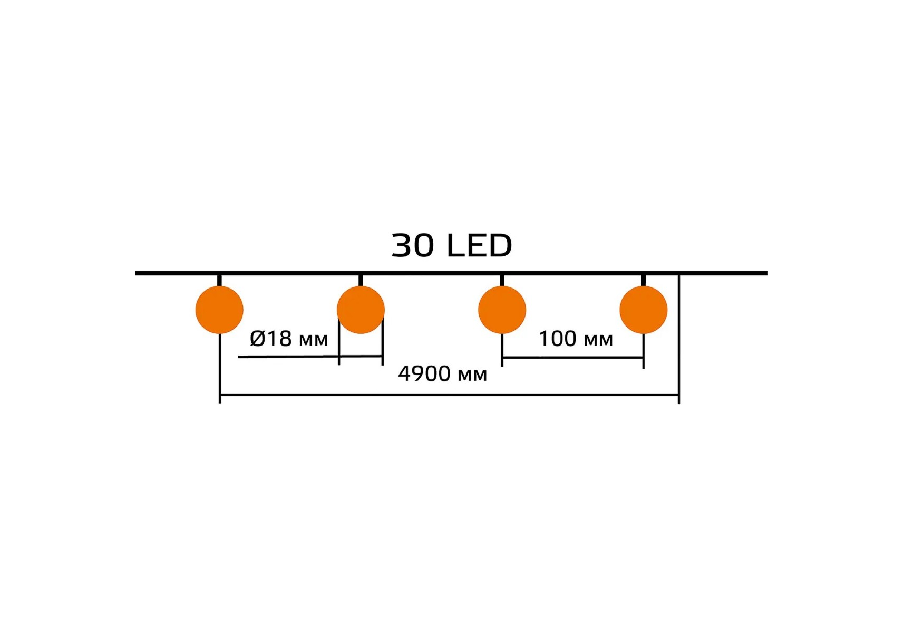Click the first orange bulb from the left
pos(219,310)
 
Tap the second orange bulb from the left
pos(361,310)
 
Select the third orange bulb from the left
pos(502,310)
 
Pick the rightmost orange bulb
pos(643,310)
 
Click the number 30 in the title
pos(413,245)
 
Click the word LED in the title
pos(479,245)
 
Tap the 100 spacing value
pos(557,339)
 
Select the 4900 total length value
pos(424,373)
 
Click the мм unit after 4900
pos(472,376)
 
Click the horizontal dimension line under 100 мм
pos(572,358)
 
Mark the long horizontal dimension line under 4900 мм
pos(449,395)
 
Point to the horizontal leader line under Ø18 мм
pos(310,357)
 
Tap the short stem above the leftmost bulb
pos(219,280)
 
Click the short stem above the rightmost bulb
pos(643,280)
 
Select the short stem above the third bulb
pos(502,280)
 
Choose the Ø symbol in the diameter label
pos(257,339)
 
